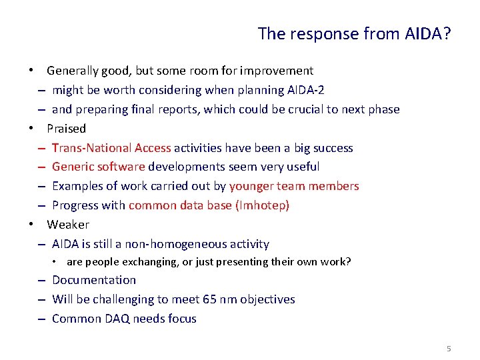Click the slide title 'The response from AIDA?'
pyautogui.click(x=354, y=33)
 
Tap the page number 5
pyautogui.click(x=449, y=349)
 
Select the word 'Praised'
pyautogui.click(x=66, y=128)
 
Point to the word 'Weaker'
pyautogui.click(x=67, y=225)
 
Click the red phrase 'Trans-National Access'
pyautogui.click(x=111, y=147)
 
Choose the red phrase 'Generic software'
pyautogui.click(x=99, y=167)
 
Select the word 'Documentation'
pyautogui.click(x=93, y=280)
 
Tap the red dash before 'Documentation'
pyautogui.click(x=41, y=281)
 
